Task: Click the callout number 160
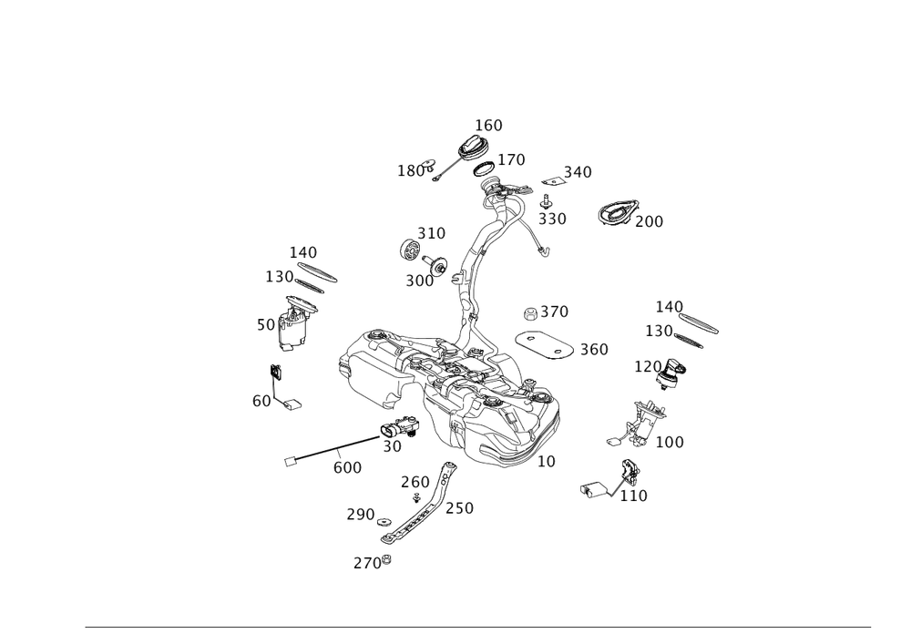click(x=488, y=124)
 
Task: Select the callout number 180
click(x=410, y=170)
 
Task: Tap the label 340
click(x=577, y=171)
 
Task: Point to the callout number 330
click(x=551, y=219)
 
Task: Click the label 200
click(x=650, y=220)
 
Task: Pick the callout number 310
click(x=431, y=233)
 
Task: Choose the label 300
click(x=419, y=281)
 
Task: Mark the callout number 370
click(x=554, y=312)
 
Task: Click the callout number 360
click(x=593, y=349)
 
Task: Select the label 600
click(x=347, y=466)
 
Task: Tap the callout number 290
click(x=360, y=515)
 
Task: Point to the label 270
click(x=367, y=563)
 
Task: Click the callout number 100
click(x=670, y=442)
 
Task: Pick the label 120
click(x=648, y=365)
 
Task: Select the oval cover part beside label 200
click(x=616, y=213)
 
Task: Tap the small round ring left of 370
click(x=529, y=312)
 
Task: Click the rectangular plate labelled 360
click(x=543, y=345)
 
